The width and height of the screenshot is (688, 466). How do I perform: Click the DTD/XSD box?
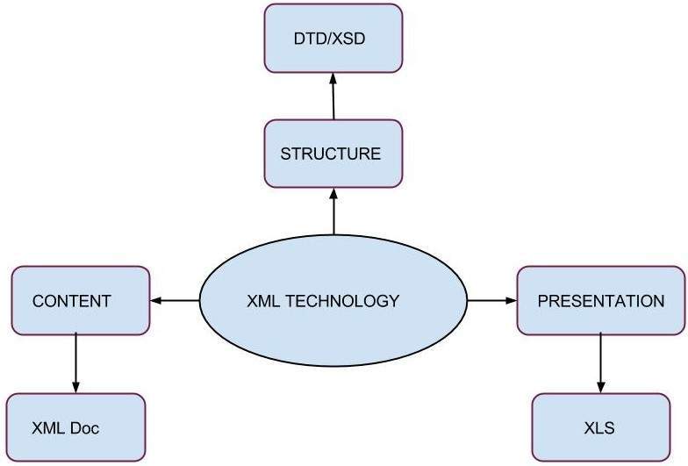click(333, 39)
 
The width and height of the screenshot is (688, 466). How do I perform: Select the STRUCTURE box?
click(333, 154)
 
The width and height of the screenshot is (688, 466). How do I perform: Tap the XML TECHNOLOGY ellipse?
click(333, 301)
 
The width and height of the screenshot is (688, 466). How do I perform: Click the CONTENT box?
click(80, 301)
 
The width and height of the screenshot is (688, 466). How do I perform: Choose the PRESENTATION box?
click(600, 301)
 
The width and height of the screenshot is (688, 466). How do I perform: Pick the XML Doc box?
click(75, 427)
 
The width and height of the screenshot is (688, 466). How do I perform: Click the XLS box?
click(600, 427)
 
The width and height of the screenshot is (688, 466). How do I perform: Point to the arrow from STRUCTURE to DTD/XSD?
click(333, 97)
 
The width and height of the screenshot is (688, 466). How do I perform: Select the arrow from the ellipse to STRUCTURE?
click(333, 211)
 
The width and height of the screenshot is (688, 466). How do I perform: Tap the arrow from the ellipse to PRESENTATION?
click(491, 301)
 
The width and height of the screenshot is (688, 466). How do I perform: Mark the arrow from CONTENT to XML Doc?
click(75, 363)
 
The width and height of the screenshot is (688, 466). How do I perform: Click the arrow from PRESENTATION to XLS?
click(600, 363)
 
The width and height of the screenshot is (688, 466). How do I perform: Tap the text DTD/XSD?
click(333, 39)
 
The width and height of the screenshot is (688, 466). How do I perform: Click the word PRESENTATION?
click(600, 301)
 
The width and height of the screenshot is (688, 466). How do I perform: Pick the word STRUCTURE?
click(331, 154)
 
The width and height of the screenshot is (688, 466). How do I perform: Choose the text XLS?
click(599, 428)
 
